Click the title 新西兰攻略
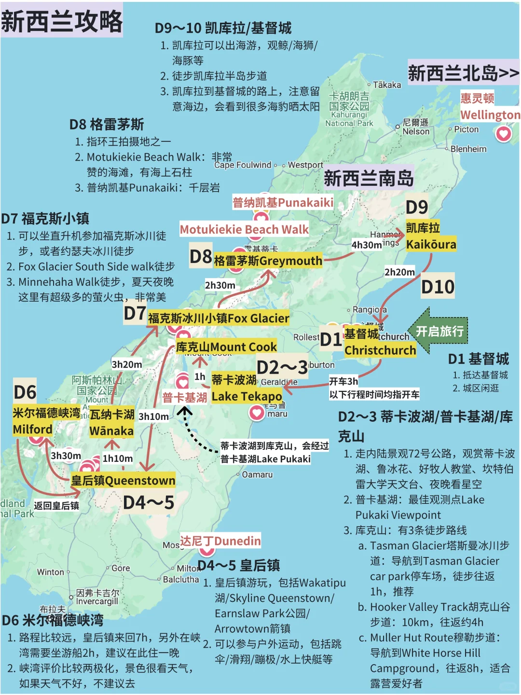click(62, 21)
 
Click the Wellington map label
click(490, 115)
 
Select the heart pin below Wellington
click(503, 133)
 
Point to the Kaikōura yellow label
click(431, 244)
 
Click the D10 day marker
click(438, 287)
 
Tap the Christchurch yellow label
click(380, 350)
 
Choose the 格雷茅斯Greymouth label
click(268, 261)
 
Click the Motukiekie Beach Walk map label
click(244, 229)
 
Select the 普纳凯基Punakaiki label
click(283, 202)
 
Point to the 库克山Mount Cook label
click(226, 347)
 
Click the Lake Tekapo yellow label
click(247, 396)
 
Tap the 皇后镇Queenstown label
click(123, 480)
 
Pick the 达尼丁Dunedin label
click(220, 541)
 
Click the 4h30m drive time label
click(367, 245)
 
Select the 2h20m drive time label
click(399, 272)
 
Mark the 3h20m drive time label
click(127, 364)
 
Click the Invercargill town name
click(97, 601)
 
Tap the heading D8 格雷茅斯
click(107, 125)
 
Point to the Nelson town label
click(416, 131)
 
